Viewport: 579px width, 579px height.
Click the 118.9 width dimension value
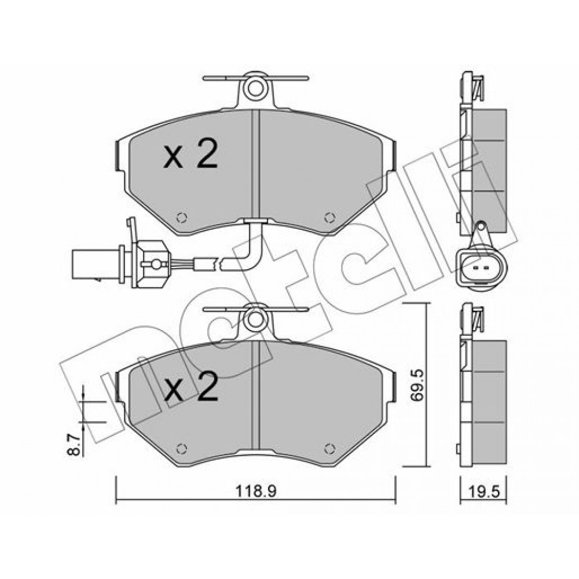(x=256, y=491)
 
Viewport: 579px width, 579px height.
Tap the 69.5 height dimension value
(x=417, y=385)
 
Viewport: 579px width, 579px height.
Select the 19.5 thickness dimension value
(x=483, y=491)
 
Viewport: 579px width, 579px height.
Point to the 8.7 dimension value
(x=75, y=445)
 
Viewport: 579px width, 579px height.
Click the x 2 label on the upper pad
(x=190, y=154)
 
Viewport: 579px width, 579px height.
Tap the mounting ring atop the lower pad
(x=255, y=320)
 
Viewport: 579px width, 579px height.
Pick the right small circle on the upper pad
(x=329, y=218)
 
